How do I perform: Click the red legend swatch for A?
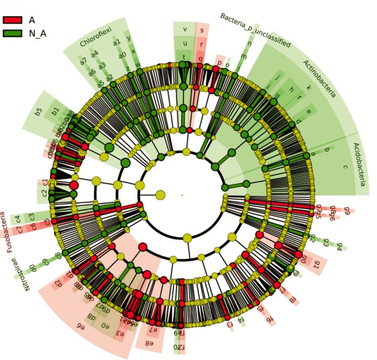pos(13,20)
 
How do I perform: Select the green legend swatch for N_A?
pos(13,32)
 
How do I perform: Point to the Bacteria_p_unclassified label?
pos(255,31)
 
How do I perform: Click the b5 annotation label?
pos(38,112)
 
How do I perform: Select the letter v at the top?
pos(184,29)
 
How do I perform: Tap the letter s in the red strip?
pos(202,29)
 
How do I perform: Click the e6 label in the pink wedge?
pos(81,326)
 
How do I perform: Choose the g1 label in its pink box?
pos(316,264)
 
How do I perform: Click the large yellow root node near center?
pos(160,195)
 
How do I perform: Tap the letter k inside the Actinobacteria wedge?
pos(308,88)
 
